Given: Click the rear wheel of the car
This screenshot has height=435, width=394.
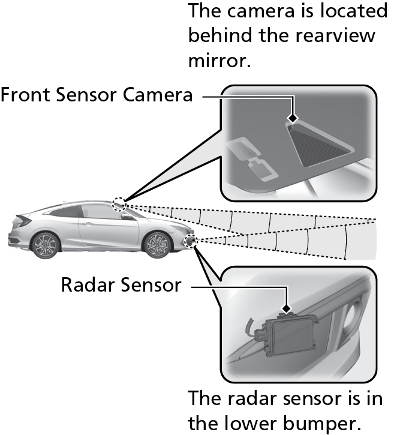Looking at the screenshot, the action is (46, 245).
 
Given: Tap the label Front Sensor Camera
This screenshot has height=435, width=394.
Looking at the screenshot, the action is (97, 95).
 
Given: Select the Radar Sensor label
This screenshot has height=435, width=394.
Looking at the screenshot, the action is (121, 285).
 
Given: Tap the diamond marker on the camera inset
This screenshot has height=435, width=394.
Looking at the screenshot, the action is (293, 118).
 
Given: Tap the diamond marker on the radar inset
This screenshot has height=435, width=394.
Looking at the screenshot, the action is (287, 308).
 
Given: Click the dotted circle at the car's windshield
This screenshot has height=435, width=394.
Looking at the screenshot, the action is (119, 205).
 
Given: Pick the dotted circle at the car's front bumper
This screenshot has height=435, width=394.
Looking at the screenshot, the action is (191, 241).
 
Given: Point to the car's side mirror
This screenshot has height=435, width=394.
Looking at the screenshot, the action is (128, 217).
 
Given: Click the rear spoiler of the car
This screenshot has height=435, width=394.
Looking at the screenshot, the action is (23, 220).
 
